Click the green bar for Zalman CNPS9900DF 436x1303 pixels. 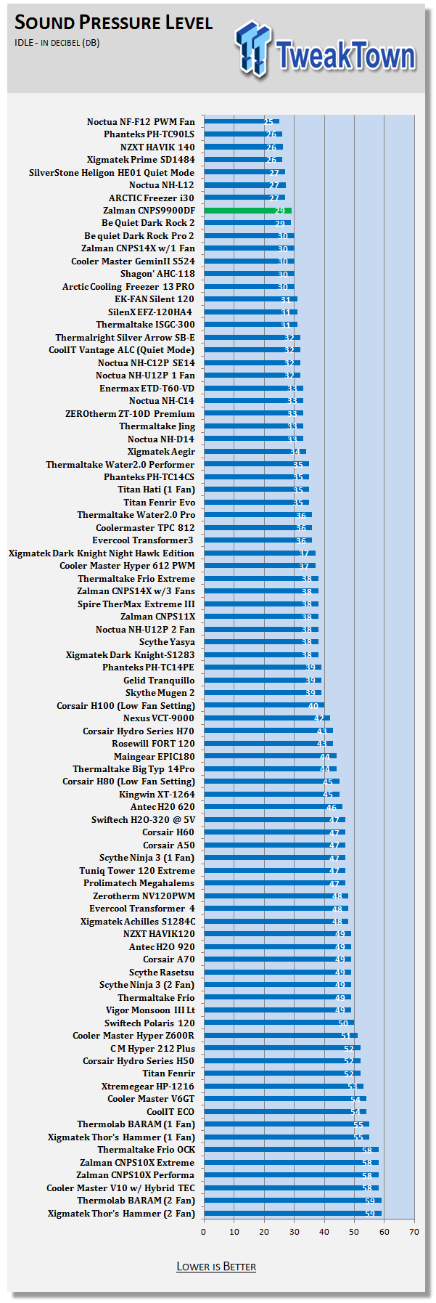[x=247, y=211]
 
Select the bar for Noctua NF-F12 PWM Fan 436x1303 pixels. [x=241, y=122]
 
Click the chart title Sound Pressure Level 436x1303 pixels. [x=113, y=23]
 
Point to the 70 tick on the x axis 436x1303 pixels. [x=414, y=1232]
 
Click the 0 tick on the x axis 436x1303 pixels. [x=204, y=1232]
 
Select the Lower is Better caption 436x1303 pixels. [x=216, y=1267]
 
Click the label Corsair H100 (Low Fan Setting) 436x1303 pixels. [x=126, y=706]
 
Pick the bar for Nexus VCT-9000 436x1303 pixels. [x=266, y=718]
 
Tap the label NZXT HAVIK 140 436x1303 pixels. [x=157, y=147]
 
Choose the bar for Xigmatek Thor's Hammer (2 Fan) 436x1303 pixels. [x=292, y=1214]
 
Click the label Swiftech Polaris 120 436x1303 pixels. [x=149, y=1023]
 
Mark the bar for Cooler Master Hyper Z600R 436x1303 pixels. [x=280, y=1036]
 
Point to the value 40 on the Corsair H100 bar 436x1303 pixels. [x=313, y=706]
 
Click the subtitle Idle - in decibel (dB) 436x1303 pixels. [x=57, y=43]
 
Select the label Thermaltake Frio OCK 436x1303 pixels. [x=146, y=1150]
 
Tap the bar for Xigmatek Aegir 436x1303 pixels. [x=255, y=452]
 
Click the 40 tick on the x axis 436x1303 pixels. [x=324, y=1232]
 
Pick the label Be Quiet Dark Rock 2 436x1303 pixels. [x=148, y=223]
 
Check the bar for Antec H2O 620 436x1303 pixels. [x=273, y=807]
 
